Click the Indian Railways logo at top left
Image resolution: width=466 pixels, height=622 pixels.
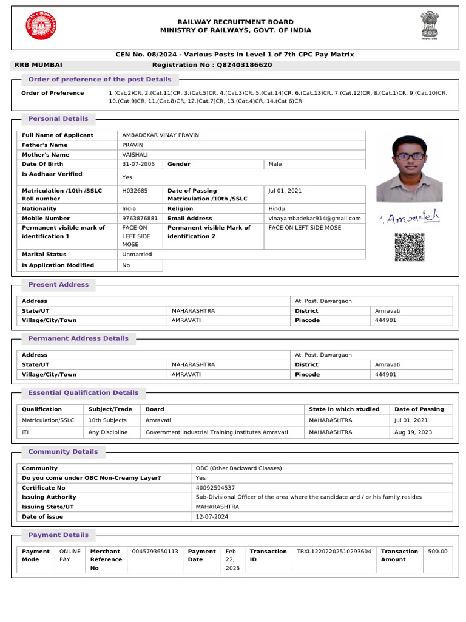click(39, 26)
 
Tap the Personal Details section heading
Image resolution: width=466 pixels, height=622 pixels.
click(58, 119)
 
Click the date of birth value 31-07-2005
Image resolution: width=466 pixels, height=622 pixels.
click(138, 164)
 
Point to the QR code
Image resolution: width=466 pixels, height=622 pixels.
click(409, 248)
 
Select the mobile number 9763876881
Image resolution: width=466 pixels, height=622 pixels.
click(140, 218)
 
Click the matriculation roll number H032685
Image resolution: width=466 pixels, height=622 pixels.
click(135, 191)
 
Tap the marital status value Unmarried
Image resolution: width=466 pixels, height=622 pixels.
click(137, 255)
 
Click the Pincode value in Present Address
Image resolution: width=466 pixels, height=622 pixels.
click(385, 320)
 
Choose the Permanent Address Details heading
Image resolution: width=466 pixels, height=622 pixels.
click(78, 338)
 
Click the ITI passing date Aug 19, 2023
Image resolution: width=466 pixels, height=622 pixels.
click(412, 432)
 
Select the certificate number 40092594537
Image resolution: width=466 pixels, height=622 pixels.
click(215, 488)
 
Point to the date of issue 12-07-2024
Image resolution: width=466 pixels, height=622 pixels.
click(212, 517)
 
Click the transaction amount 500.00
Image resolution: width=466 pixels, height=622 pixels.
click(437, 552)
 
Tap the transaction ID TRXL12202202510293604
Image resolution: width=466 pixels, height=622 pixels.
click(334, 552)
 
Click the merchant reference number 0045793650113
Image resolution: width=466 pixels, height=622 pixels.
click(155, 552)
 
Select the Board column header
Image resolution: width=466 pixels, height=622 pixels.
click(155, 409)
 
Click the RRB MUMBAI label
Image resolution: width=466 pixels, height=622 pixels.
click(38, 65)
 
